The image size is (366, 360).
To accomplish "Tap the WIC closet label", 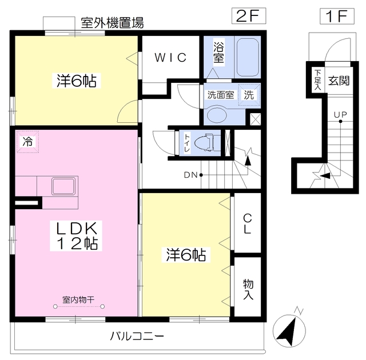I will (x=170, y=57).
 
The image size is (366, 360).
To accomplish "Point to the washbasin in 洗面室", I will (x=218, y=114).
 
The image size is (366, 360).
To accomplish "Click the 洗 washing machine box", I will (x=249, y=95).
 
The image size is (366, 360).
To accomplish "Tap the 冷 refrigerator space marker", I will (x=27, y=142).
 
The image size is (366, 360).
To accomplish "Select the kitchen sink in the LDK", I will (x=65, y=187).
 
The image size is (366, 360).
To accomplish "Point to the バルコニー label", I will (x=137, y=336).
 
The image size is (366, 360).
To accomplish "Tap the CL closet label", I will (x=248, y=224).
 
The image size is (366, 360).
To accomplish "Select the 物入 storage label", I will (x=248, y=289).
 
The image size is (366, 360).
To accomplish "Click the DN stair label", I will (x=190, y=174).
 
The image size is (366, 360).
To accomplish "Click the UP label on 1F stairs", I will (x=340, y=114).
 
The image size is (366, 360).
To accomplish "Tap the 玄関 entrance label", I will (x=339, y=80).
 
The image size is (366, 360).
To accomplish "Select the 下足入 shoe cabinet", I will (x=317, y=78).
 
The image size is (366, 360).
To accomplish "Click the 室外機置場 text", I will (x=112, y=23).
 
